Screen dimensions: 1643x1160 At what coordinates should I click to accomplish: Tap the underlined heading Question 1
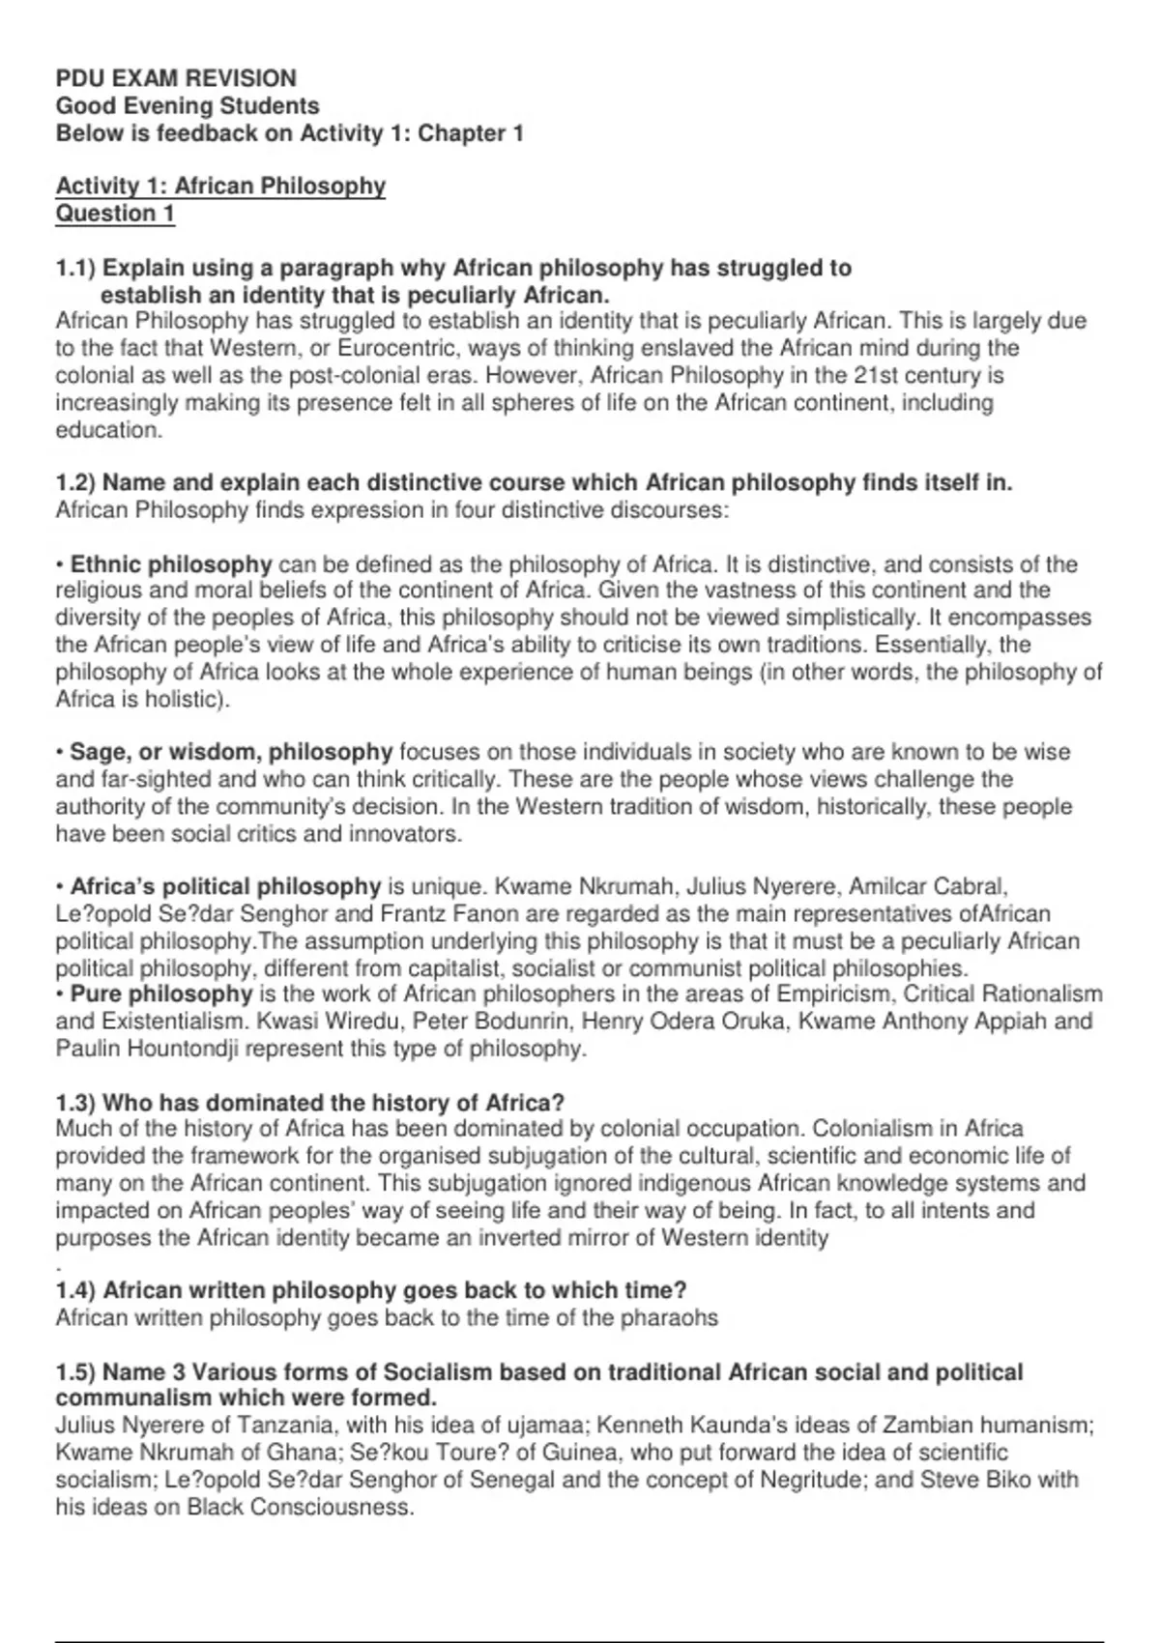point(115,214)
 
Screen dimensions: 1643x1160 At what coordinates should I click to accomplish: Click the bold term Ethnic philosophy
point(171,564)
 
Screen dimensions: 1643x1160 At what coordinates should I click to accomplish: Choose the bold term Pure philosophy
point(160,994)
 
